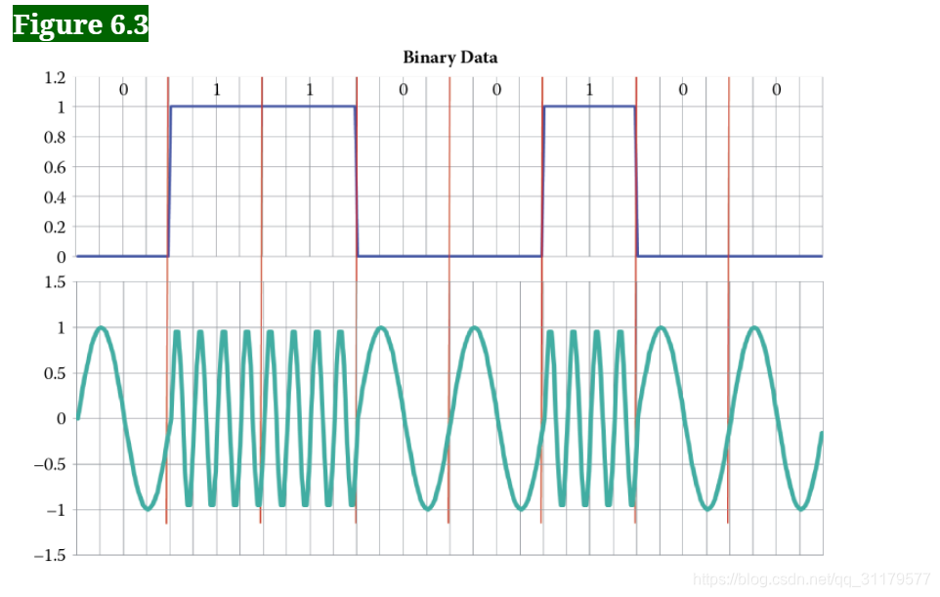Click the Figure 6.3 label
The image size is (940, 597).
pos(80,24)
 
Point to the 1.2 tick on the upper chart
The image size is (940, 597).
pos(53,77)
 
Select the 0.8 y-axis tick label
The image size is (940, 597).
pos(53,137)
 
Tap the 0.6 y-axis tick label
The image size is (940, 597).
pos(53,167)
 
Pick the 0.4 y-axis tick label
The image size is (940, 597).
pos(53,197)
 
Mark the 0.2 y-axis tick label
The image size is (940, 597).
pos(53,228)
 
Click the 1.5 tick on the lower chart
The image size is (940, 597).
pos(55,282)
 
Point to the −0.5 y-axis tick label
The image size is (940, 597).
pos(48,464)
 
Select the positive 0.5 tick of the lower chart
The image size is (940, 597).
pos(55,373)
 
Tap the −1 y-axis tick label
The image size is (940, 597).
pos(53,510)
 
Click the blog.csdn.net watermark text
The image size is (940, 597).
pos(811,579)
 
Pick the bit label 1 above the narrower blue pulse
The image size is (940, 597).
pos(589,90)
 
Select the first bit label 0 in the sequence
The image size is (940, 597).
pos(123,90)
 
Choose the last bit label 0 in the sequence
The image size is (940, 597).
pos(776,90)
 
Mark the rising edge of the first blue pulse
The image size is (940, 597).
pos(170,181)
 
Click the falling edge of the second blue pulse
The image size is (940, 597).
pos(636,181)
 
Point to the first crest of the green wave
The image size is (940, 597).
pos(101,328)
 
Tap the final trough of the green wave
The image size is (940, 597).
pos(800,508)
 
